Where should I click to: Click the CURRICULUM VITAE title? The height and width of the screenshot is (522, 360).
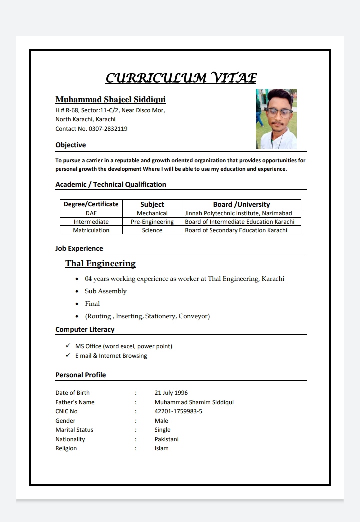click(181, 78)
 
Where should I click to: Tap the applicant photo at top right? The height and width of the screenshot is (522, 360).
click(276, 119)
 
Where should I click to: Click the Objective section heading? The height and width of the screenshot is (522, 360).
click(71, 145)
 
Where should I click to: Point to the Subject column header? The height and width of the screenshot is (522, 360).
click(152, 204)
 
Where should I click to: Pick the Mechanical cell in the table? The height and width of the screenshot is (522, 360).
click(152, 213)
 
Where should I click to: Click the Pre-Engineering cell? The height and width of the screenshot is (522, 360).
click(152, 222)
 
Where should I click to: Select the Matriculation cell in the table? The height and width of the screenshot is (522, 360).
click(91, 230)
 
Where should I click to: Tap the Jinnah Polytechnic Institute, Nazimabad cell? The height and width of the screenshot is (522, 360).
click(238, 213)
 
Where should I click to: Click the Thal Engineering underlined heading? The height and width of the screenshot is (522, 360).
click(100, 264)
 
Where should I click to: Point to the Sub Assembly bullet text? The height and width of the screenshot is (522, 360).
click(106, 291)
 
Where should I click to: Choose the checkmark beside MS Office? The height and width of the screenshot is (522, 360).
click(68, 346)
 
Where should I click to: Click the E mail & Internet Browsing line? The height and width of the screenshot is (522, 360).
click(111, 356)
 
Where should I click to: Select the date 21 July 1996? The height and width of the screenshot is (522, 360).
click(171, 393)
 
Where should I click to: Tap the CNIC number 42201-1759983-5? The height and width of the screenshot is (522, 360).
click(178, 411)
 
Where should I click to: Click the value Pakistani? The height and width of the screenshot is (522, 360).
click(167, 439)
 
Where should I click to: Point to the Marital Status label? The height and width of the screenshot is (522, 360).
click(74, 430)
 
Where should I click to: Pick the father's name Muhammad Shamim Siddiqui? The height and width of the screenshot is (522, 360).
click(194, 402)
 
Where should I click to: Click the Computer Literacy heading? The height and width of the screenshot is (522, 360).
click(85, 330)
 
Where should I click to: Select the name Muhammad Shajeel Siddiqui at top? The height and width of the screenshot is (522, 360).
click(110, 100)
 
